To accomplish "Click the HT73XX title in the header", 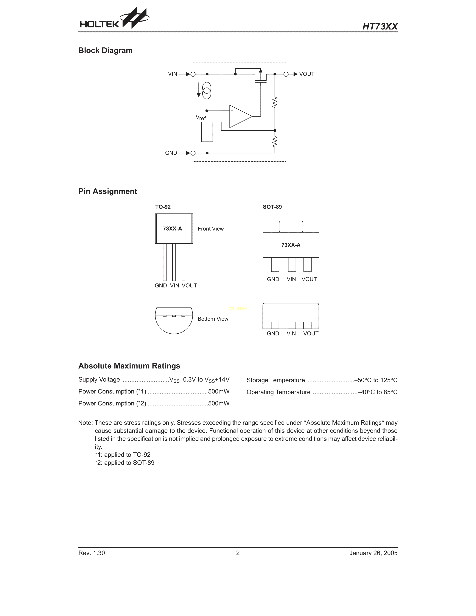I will pyautogui.click(x=380, y=27).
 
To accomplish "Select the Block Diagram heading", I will pyautogui.click(x=105, y=50).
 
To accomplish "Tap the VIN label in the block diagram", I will pyautogui.click(x=172, y=74).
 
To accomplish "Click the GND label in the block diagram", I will pyautogui.click(x=171, y=153).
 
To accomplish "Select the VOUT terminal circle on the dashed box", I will pyautogui.click(x=286, y=74).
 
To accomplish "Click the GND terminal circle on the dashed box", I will pyautogui.click(x=193, y=153).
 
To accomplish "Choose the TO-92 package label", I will pyautogui.click(x=163, y=207).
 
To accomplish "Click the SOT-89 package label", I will pyautogui.click(x=272, y=207).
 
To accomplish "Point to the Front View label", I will pyautogui.click(x=211, y=229).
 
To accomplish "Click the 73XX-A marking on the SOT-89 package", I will pyautogui.click(x=291, y=245).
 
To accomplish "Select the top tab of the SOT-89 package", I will pyautogui.click(x=291, y=226).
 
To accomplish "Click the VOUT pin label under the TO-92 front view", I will pyautogui.click(x=189, y=285).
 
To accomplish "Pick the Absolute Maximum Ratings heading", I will pyautogui.click(x=129, y=366).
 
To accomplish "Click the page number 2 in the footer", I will pyautogui.click(x=238, y=553).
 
